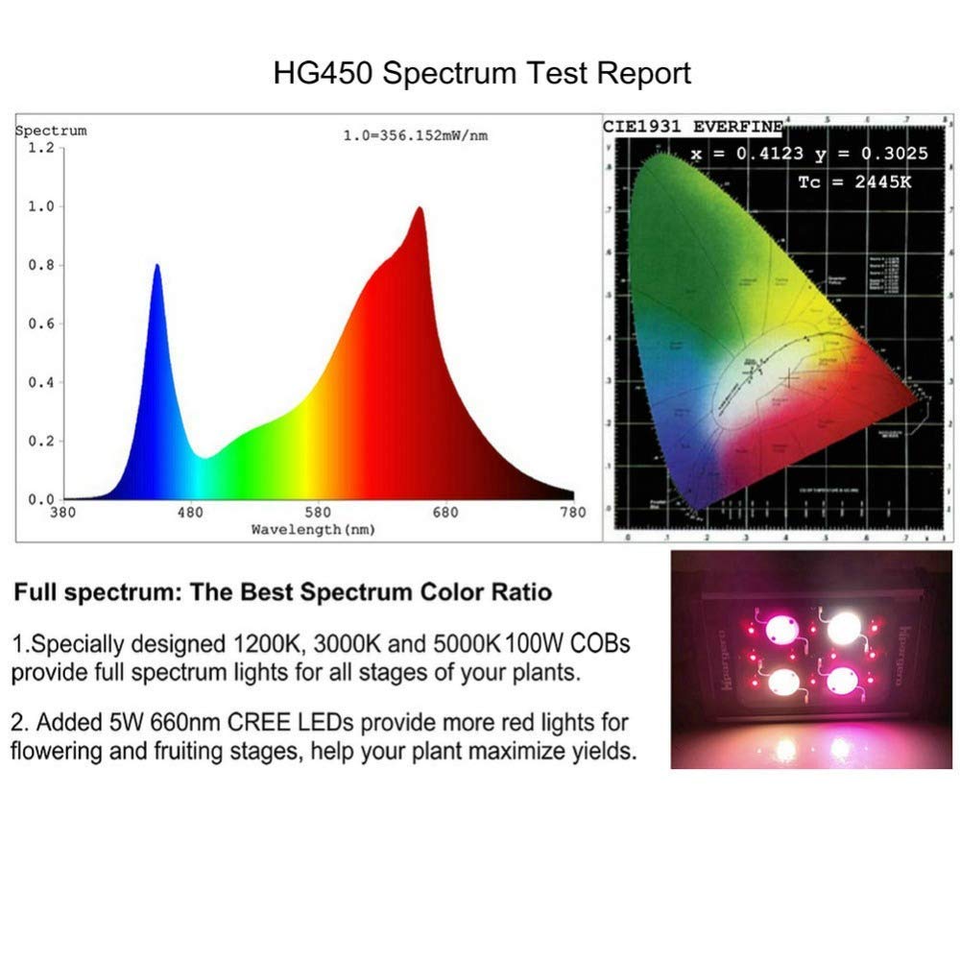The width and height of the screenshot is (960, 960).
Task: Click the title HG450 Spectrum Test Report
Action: coord(482,74)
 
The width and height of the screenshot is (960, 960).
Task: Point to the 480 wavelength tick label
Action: coord(191,513)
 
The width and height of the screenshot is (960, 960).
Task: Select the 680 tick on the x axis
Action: coord(445,513)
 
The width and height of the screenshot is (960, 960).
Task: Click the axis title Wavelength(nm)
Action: coord(313,529)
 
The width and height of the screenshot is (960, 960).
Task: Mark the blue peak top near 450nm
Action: coord(156,265)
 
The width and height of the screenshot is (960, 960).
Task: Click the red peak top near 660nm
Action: coord(419,208)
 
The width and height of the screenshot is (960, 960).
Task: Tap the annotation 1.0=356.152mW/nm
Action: coord(416,136)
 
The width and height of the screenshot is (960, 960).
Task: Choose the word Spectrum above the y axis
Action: coord(51,131)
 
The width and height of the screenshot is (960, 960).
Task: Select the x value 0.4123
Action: coord(765,154)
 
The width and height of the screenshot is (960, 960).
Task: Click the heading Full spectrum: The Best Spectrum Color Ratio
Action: coord(282,591)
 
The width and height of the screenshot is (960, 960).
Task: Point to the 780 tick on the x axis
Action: coord(573,513)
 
